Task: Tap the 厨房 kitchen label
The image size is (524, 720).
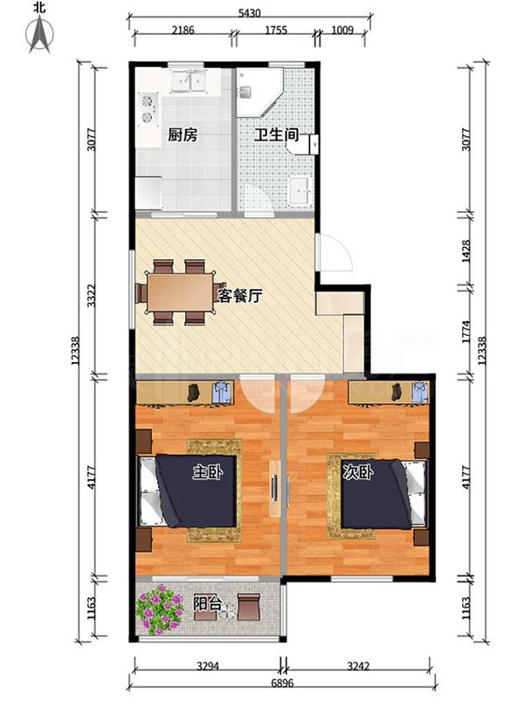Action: pos(182,135)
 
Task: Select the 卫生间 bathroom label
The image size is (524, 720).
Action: pos(277,135)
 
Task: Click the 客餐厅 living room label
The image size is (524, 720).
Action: pos(241,295)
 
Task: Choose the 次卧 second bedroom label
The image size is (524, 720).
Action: pos(358,472)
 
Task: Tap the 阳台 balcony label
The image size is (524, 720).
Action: pos(206,602)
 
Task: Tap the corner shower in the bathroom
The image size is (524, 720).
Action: pos(257,93)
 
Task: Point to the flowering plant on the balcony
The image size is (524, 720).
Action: pos(158,609)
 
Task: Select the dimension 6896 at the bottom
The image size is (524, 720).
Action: pos(280,683)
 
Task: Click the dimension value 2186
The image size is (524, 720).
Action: pos(183,30)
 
